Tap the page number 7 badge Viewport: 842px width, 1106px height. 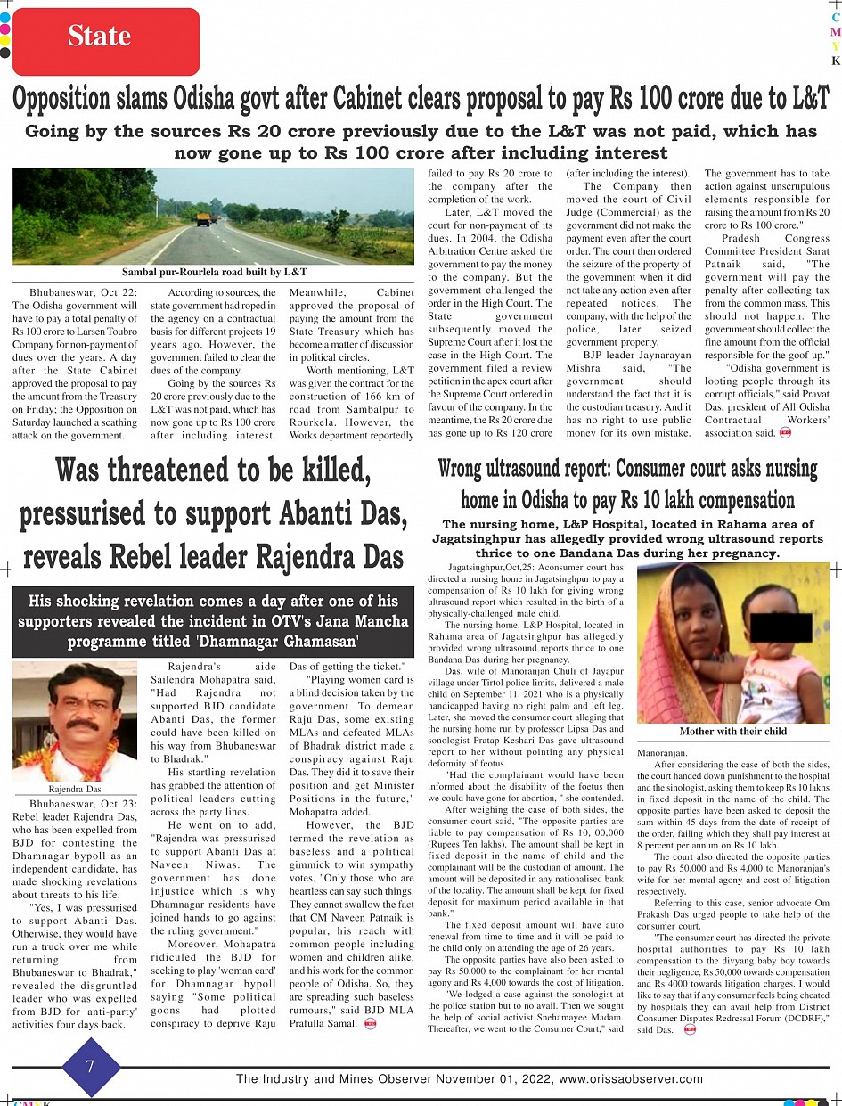[91, 1066]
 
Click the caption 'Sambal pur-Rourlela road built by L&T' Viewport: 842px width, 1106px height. [215, 271]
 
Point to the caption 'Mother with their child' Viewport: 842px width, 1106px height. [732, 731]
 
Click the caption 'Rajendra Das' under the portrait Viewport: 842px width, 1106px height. [75, 789]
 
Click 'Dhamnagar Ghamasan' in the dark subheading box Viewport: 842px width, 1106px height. [292, 640]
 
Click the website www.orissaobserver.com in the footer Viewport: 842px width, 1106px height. [630, 1078]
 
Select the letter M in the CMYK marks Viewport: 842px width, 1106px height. [836, 32]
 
